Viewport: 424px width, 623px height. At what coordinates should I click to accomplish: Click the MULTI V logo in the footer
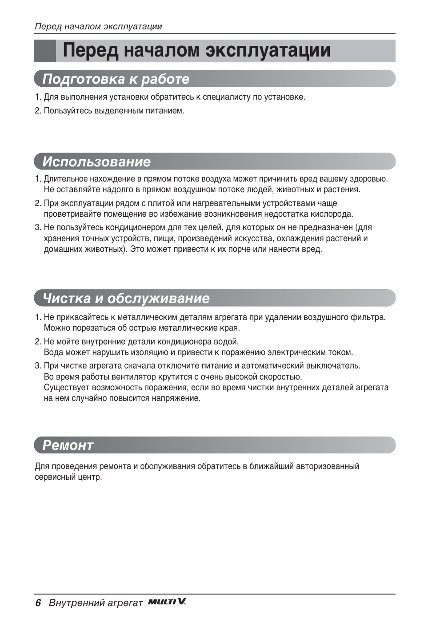167,602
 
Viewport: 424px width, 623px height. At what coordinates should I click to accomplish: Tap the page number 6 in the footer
38,603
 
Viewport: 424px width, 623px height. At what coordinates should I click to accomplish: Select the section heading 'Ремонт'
68,445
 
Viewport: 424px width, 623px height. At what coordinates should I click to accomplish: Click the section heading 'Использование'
96,162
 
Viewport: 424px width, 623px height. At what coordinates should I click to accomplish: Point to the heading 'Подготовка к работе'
116,79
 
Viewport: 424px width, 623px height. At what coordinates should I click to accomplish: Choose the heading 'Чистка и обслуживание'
126,299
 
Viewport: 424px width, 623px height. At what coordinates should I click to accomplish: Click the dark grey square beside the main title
45,51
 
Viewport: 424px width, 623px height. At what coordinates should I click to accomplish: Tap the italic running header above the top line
98,27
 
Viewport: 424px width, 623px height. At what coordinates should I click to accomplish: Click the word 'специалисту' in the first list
227,97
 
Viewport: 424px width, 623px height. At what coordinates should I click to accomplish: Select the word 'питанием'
165,111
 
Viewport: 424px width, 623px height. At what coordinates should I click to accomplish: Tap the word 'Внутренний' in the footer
72,603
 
